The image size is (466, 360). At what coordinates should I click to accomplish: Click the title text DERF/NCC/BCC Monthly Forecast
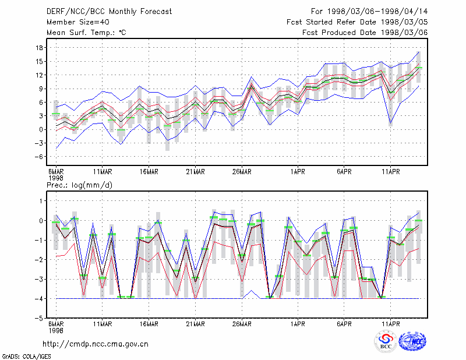pyautogui.click(x=109, y=12)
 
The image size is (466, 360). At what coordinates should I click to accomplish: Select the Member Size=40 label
pyautogui.click(x=78, y=22)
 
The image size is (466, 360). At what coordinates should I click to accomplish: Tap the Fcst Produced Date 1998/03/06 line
pyautogui.click(x=365, y=33)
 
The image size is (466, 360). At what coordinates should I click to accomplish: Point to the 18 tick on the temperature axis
pyautogui.click(x=39, y=48)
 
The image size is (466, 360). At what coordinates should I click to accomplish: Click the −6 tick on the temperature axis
pyautogui.click(x=38, y=157)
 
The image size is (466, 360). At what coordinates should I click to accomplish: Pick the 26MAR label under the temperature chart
pyautogui.click(x=242, y=172)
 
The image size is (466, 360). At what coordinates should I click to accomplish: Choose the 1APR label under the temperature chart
pyautogui.click(x=298, y=172)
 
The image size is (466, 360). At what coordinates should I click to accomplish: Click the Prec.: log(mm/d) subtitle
pyautogui.click(x=79, y=185)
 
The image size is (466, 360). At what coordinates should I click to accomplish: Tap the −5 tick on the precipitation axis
pyautogui.click(x=38, y=318)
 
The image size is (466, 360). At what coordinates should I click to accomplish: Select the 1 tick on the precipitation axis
pyautogui.click(x=41, y=201)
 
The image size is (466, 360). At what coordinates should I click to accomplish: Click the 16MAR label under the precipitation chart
pyautogui.click(x=149, y=324)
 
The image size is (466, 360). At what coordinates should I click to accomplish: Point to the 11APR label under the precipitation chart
pyautogui.click(x=390, y=324)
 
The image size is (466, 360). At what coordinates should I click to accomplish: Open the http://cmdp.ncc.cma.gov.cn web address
pyautogui.click(x=96, y=344)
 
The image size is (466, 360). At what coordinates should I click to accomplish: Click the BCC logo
pyautogui.click(x=386, y=341)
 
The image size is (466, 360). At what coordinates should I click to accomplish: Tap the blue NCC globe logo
pyautogui.click(x=412, y=341)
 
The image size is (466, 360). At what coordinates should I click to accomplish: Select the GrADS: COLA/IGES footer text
pyautogui.click(x=26, y=357)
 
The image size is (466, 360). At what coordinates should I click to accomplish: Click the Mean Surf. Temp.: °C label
pyautogui.click(x=86, y=33)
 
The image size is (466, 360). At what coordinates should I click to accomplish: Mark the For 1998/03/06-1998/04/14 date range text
pyautogui.click(x=369, y=12)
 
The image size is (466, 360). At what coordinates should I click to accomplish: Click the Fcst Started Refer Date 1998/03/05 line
pyautogui.click(x=357, y=22)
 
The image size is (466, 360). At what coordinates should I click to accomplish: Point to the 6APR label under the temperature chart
pyautogui.click(x=344, y=172)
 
